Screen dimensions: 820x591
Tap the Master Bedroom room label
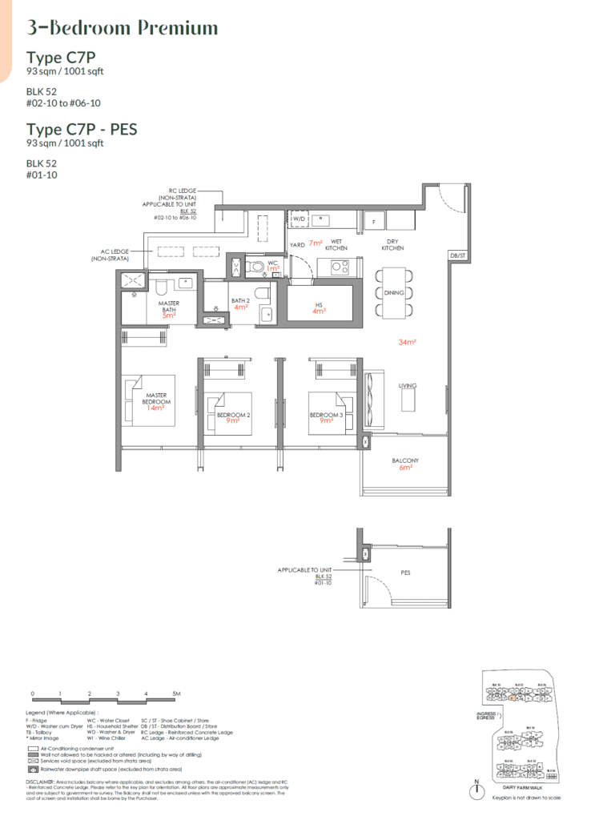pos(155,396)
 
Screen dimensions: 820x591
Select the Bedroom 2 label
pos(234,415)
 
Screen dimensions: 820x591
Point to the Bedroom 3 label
pos(326,415)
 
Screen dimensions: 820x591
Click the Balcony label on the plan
pos(405,460)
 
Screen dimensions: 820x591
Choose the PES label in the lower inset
pos(405,573)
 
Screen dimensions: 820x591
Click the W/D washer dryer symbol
pos(299,218)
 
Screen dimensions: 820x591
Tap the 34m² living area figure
pos(406,342)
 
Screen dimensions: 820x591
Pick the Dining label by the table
pos(394,293)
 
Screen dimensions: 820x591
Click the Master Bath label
pos(169,305)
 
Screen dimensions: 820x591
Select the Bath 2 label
pos(239,299)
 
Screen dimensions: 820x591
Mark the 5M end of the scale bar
pos(176,693)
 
